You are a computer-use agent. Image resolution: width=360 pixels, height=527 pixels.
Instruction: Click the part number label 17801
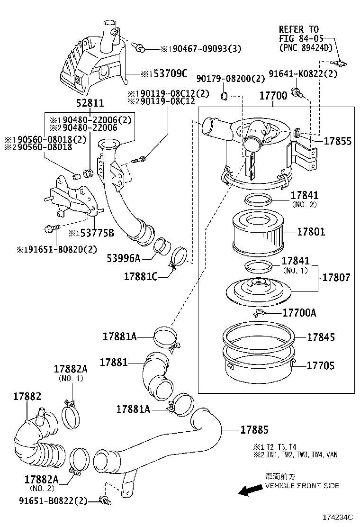[x=311, y=232]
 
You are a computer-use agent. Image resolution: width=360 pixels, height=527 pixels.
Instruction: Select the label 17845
[x=321, y=337]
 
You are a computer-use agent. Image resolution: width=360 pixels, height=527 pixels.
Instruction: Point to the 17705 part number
[x=321, y=365]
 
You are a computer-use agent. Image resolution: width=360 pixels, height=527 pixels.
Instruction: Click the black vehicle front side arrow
[x=250, y=490]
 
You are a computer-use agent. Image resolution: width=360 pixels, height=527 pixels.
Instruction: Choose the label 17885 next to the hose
[x=254, y=430]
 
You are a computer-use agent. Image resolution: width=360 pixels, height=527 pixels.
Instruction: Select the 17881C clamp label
[x=141, y=276]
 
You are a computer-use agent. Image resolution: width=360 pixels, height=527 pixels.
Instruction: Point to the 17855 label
[x=337, y=141]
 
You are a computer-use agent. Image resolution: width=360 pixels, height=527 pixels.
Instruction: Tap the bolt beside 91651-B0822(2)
[x=104, y=500]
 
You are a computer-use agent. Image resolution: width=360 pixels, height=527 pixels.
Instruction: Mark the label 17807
[x=337, y=277]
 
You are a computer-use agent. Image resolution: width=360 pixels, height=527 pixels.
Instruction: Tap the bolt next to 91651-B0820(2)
[x=51, y=229]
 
